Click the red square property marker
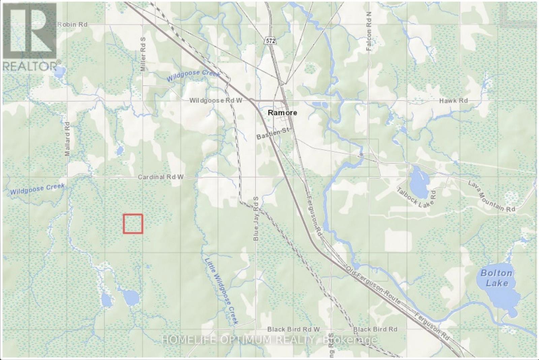tap(133, 224)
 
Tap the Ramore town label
tap(282, 113)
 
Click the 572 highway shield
tap(270, 41)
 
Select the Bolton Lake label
tap(497, 278)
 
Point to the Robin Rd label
tap(72, 25)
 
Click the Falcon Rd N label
tap(369, 31)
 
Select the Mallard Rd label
tap(67, 139)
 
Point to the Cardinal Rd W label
tap(161, 177)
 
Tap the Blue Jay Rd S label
tap(256, 218)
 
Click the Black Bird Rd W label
tap(293, 329)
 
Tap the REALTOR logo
tap(30, 37)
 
